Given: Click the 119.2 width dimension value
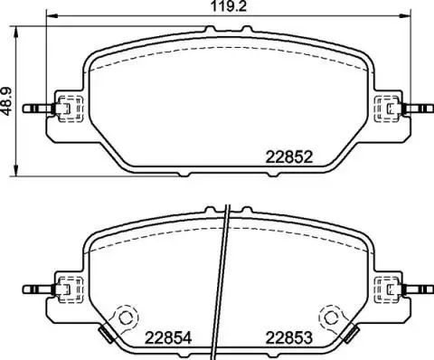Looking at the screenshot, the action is tap(229, 6).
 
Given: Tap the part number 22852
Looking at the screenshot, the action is tap(288, 157).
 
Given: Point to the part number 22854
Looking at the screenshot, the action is tap(168, 338).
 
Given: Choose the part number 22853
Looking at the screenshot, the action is tap(288, 338).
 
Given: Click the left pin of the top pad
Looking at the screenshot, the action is tap(39, 109).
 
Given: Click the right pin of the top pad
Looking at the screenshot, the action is tap(419, 109).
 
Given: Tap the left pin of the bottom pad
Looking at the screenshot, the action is tap(39, 289).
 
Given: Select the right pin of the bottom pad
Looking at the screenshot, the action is tap(419, 289).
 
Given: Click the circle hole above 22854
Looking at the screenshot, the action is tap(125, 317).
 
